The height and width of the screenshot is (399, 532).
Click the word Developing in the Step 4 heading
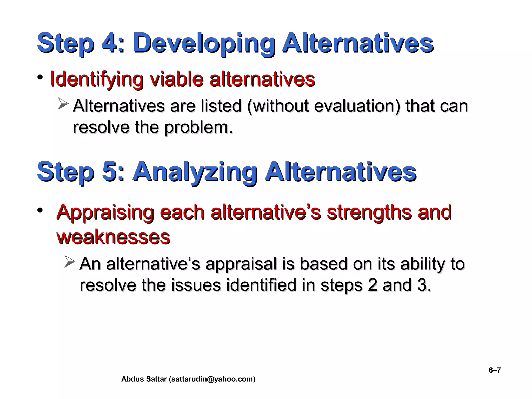pyautogui.click(x=204, y=43)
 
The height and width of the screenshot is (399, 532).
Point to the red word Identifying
pyautogui.click(x=96, y=79)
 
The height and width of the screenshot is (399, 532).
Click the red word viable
pyautogui.click(x=177, y=79)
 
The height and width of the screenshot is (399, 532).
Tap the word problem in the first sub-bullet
pyautogui.click(x=198, y=128)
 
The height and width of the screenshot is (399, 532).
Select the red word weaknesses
pyautogui.click(x=113, y=237)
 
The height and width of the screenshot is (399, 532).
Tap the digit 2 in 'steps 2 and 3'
pyautogui.click(x=373, y=285)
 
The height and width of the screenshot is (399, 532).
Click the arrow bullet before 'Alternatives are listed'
pyautogui.click(x=63, y=104)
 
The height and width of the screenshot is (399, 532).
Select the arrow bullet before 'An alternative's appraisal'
pyautogui.click(x=70, y=262)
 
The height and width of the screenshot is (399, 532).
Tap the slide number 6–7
pyautogui.click(x=495, y=370)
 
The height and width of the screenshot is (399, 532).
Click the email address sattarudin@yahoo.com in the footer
pyautogui.click(x=212, y=379)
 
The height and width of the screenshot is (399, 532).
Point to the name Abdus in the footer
pyautogui.click(x=131, y=379)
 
